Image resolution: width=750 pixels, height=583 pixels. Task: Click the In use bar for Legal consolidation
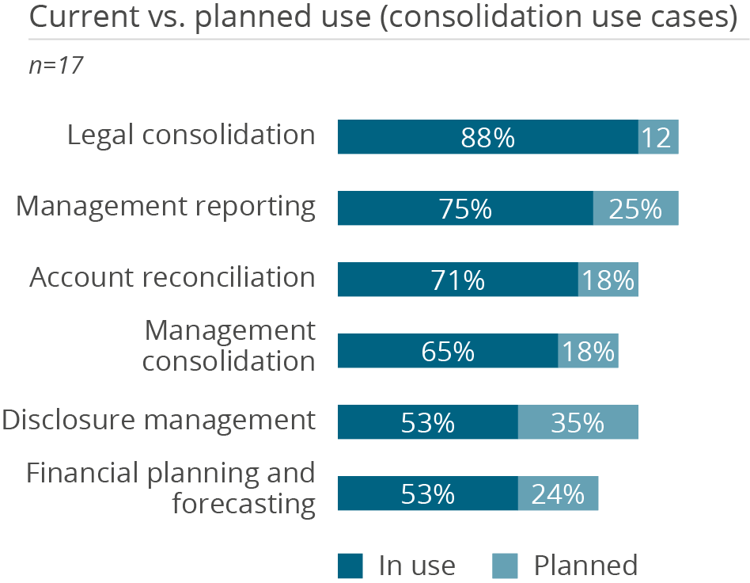click(487, 137)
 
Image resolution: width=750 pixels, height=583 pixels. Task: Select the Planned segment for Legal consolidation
click(658, 137)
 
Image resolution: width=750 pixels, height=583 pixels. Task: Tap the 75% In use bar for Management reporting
click(465, 208)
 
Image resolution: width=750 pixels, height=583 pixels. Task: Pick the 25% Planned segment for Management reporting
click(635, 208)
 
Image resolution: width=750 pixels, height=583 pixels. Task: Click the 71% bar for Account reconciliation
click(457, 280)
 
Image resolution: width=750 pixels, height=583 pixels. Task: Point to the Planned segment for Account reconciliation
click(608, 280)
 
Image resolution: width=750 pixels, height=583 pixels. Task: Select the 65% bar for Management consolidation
click(448, 351)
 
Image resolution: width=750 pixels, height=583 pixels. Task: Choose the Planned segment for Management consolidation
click(588, 351)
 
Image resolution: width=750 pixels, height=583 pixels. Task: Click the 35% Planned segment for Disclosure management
click(578, 422)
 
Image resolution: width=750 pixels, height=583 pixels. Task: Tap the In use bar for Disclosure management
click(427, 422)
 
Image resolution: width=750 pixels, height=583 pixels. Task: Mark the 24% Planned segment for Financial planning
click(558, 493)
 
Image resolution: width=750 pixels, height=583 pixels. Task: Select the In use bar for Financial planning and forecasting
click(427, 493)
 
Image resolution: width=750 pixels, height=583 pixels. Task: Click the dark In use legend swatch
click(350, 566)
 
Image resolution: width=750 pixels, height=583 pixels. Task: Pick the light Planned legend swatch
click(506, 566)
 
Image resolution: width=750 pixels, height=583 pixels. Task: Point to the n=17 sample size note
click(56, 65)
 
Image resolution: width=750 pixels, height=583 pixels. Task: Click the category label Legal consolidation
click(191, 135)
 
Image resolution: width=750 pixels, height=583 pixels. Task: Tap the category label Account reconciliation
click(172, 277)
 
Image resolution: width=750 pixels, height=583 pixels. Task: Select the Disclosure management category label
click(158, 420)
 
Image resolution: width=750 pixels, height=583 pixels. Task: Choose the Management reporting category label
click(166, 206)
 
